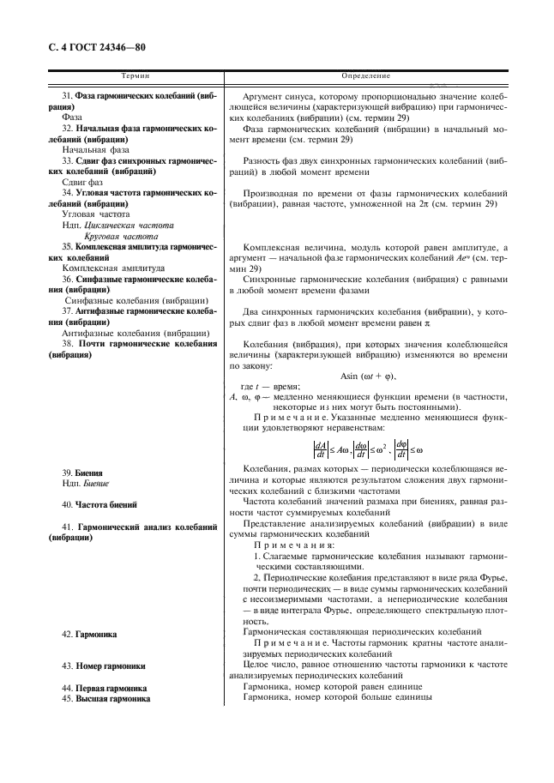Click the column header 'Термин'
tap(135, 76)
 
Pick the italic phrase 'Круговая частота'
tap(121, 235)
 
